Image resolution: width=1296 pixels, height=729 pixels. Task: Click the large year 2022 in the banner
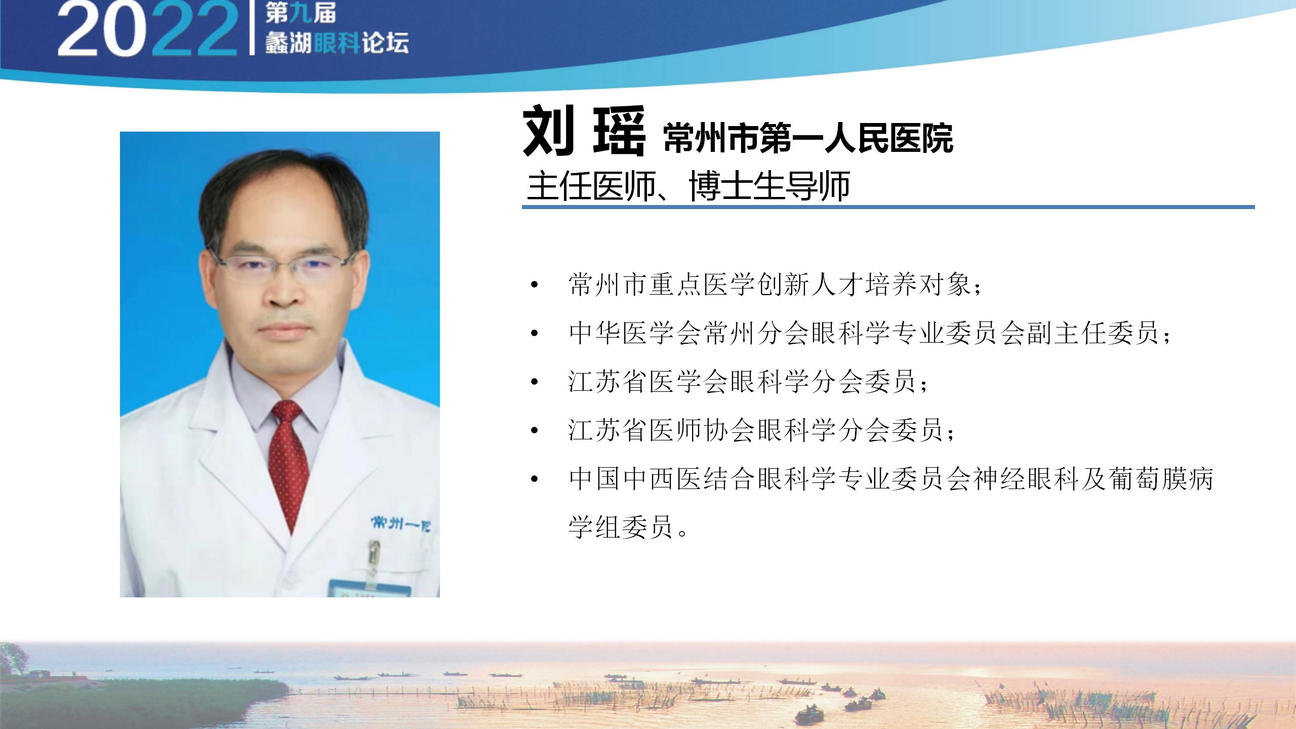pyautogui.click(x=147, y=29)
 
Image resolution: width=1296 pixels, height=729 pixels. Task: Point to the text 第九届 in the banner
pyautogui.click(x=300, y=13)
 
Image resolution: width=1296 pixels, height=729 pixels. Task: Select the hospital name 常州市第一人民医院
pyautogui.click(x=808, y=138)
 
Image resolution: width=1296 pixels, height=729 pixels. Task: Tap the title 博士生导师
pyautogui.click(x=769, y=187)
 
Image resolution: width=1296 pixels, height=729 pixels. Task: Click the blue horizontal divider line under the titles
pyautogui.click(x=888, y=207)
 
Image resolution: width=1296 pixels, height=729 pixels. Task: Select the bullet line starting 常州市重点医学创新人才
pyautogui.click(x=775, y=285)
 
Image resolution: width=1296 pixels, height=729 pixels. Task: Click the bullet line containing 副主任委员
pyautogui.click(x=870, y=333)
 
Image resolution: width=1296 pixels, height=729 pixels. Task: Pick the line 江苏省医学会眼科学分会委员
pyautogui.click(x=748, y=382)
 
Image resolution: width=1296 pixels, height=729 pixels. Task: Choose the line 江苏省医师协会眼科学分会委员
pyautogui.click(x=761, y=430)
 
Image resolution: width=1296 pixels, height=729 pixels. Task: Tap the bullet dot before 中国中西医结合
pyautogui.click(x=534, y=479)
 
